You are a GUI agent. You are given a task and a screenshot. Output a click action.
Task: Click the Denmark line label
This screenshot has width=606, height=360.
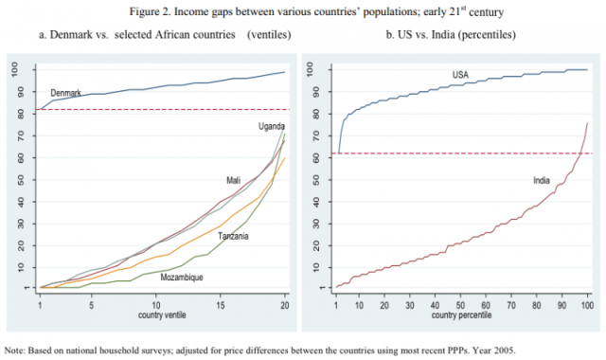66,93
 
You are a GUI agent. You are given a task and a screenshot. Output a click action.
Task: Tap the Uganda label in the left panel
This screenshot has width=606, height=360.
272,126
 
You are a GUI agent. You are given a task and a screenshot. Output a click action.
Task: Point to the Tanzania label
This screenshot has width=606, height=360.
233,236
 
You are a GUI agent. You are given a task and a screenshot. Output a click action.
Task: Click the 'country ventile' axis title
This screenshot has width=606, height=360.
162,315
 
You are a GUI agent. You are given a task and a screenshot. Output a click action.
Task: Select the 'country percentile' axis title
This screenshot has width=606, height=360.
461,315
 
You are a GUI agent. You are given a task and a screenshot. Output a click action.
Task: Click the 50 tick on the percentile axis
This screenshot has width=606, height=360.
461,304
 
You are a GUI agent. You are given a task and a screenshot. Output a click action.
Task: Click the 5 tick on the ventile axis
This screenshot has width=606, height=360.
90,304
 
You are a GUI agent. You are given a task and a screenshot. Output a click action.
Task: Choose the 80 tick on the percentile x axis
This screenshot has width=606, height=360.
536,304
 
